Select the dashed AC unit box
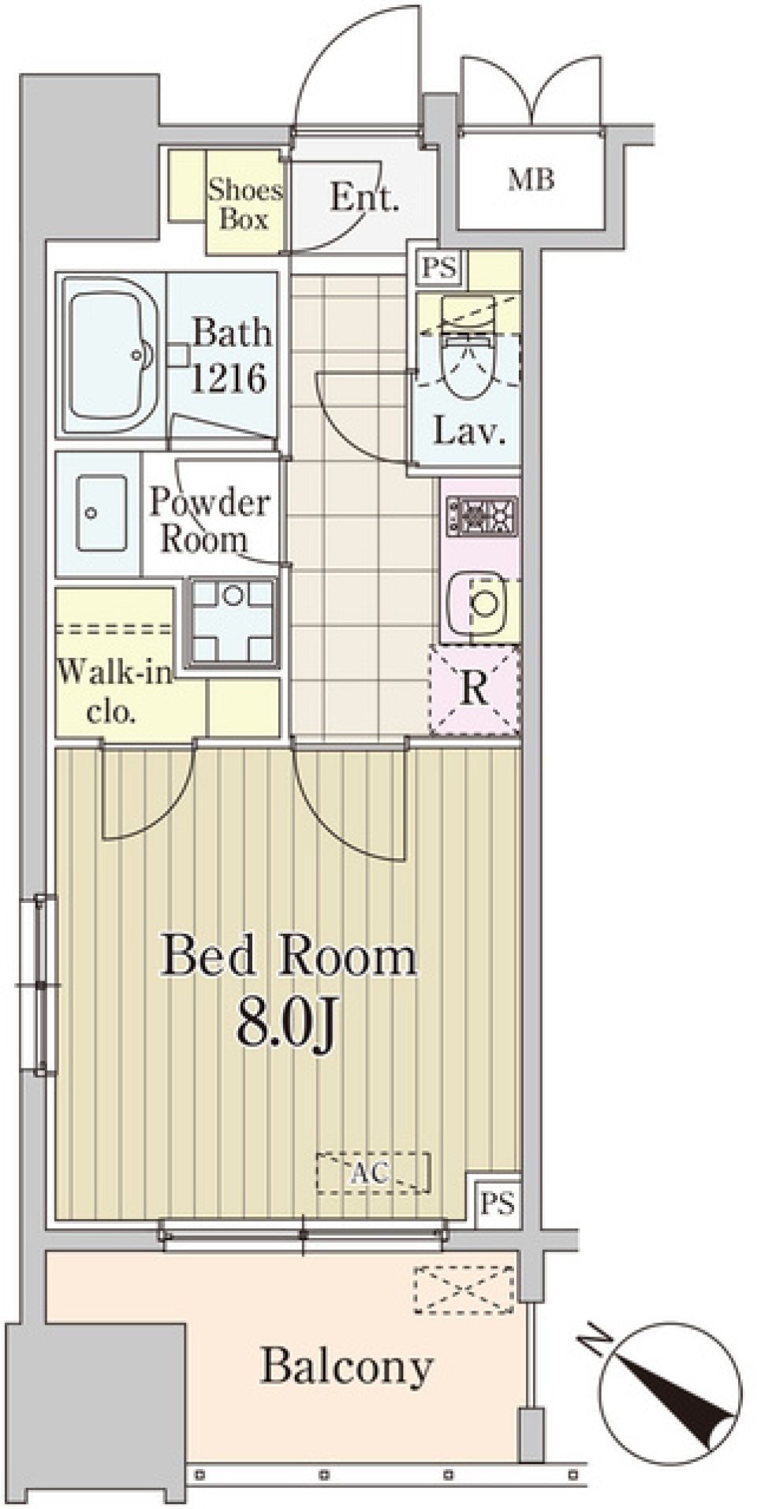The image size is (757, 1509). [373, 1173]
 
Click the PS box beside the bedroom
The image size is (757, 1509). [498, 1202]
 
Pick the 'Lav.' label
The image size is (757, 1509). [468, 431]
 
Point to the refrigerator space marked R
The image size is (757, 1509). [475, 689]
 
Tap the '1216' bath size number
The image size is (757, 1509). [229, 379]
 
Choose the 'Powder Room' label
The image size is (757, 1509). [208, 520]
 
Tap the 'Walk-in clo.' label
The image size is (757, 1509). [114, 692]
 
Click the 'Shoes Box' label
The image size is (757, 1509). [244, 204]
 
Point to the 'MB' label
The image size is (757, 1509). [531, 180]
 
